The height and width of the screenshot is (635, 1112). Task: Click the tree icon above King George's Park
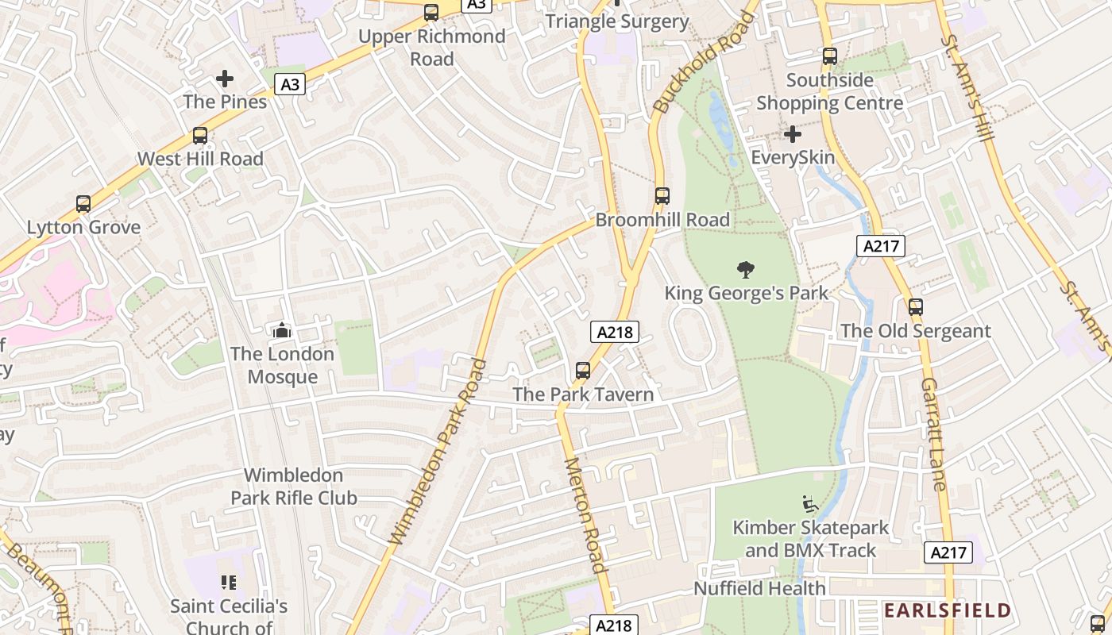tap(745, 270)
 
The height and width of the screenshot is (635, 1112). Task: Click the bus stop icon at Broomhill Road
tap(662, 196)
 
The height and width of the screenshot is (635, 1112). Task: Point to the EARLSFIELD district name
tap(948, 610)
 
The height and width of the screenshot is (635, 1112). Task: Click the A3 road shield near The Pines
tap(291, 83)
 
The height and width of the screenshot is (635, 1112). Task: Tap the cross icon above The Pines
tap(225, 79)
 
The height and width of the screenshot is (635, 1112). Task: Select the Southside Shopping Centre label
tap(829, 91)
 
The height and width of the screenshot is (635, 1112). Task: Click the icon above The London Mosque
tap(281, 329)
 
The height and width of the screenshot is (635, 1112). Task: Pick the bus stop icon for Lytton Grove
tap(83, 204)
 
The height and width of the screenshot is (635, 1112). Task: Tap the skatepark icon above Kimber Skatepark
tap(810, 503)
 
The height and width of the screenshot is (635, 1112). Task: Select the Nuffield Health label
tap(759, 588)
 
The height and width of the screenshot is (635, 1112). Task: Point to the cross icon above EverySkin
tap(792, 134)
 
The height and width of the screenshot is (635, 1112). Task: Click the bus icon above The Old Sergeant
tap(916, 307)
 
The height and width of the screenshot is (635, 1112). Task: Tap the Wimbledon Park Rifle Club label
tap(293, 487)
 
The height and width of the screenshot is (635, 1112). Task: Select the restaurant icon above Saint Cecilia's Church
tap(229, 583)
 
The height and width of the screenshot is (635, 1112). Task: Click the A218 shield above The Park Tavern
tap(615, 332)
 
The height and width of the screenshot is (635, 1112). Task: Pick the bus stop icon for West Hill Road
tap(200, 136)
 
